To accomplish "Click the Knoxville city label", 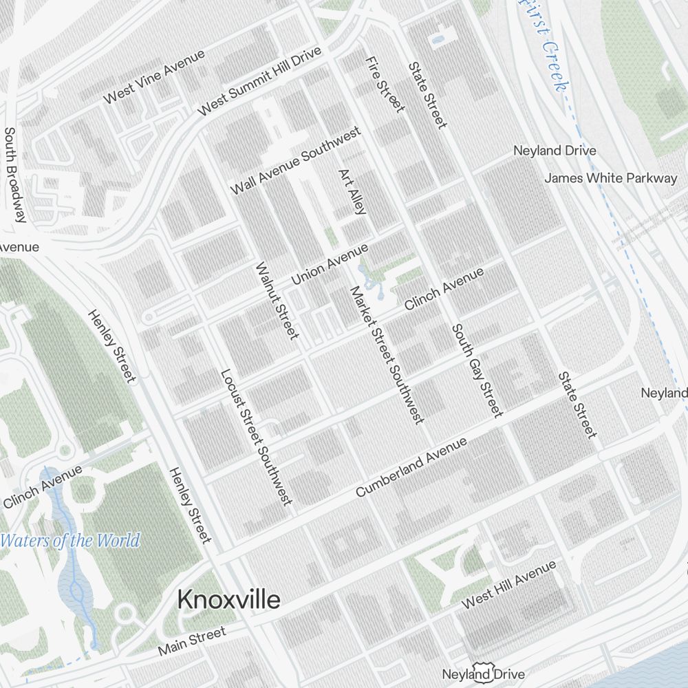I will click(228, 600).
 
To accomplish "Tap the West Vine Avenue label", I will click(154, 77).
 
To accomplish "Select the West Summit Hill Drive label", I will click(259, 82).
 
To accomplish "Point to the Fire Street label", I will click(384, 84).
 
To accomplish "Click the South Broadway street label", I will click(14, 175).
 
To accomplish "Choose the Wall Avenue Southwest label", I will click(295, 160).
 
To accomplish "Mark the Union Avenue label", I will click(330, 264).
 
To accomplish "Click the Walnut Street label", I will click(277, 300).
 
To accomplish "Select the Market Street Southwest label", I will click(387, 354).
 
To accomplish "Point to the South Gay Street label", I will click(477, 370).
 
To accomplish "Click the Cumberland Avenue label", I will click(411, 467).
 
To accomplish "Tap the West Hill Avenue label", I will click(508, 585).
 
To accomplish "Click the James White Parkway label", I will click(610, 178).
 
